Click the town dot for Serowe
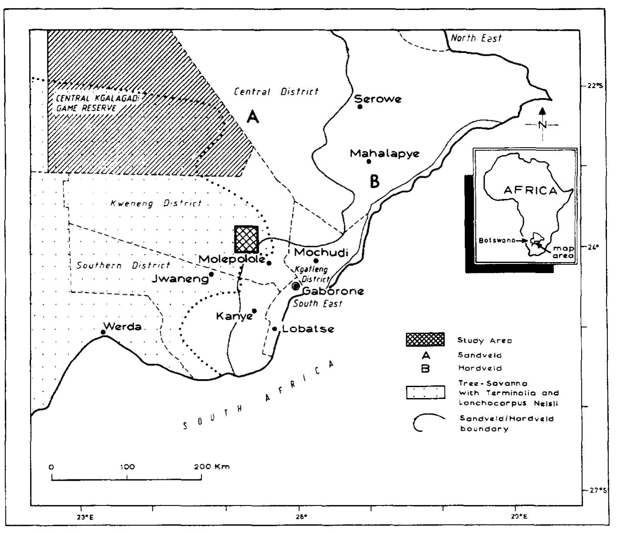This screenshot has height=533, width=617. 360,107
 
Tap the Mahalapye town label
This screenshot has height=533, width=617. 384,153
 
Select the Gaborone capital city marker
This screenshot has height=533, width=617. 296,286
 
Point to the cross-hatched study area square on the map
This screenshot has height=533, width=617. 247,239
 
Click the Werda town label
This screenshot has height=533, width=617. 122,327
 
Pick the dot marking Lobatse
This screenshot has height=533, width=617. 275,329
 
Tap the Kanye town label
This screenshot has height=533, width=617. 234,316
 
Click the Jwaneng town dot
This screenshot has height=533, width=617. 211,274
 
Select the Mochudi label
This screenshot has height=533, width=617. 322,252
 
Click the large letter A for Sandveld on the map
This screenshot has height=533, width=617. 252,117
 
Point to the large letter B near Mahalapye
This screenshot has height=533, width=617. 374,181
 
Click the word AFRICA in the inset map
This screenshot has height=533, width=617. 530,190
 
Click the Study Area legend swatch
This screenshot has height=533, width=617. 425,340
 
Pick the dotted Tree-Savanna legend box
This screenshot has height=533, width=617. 425,392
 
